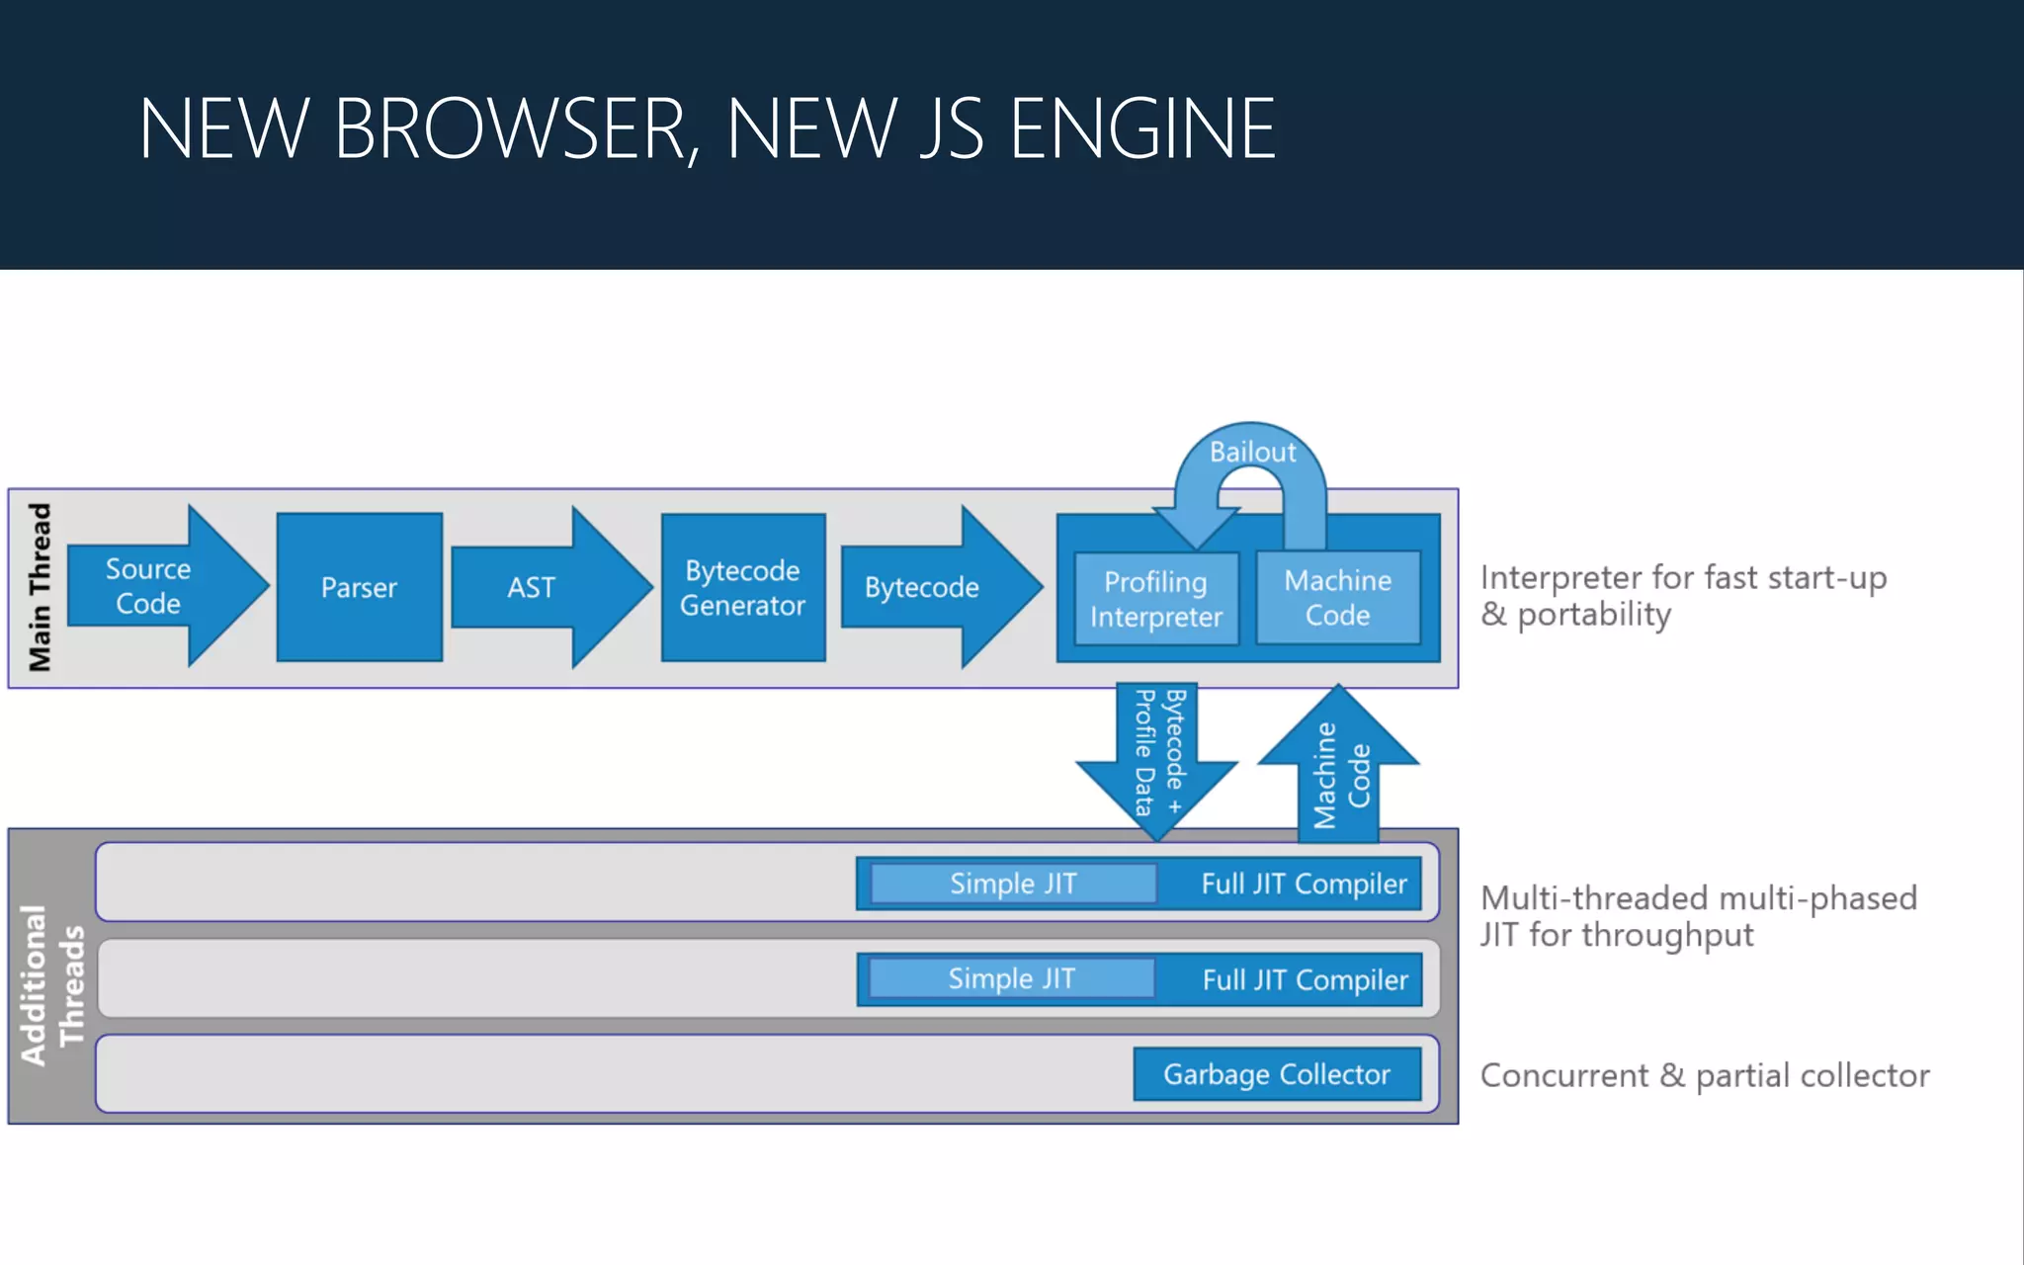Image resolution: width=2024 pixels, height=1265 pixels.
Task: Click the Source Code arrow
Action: coord(148,587)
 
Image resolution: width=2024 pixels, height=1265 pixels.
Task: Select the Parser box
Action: coord(359,587)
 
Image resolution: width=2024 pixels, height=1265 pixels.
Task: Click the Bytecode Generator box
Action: coord(742,587)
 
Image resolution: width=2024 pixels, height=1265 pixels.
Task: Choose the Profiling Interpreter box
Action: coord(1155,599)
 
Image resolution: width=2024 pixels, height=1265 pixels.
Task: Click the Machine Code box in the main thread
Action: coord(1337,597)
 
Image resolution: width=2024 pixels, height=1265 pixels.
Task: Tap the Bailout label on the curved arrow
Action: coord(1252,452)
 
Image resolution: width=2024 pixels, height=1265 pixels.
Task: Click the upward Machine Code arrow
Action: coord(1339,771)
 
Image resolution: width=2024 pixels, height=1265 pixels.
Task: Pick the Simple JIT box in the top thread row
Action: coord(1013,884)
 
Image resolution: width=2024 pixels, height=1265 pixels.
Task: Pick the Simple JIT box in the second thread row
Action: coord(1011,978)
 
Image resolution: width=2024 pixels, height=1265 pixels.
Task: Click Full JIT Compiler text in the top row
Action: coord(1304,884)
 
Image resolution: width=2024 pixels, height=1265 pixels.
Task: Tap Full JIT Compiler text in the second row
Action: coord(1305,979)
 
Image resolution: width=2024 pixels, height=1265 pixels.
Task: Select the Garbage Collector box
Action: coord(1277,1074)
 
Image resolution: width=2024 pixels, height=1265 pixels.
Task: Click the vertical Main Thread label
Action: coord(40,587)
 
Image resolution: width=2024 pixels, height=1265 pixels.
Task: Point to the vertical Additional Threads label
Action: coord(51,984)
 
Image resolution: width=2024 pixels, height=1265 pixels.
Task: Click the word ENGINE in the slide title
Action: coord(1141,128)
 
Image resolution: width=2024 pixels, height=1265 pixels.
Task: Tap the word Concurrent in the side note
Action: coord(1563,1075)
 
